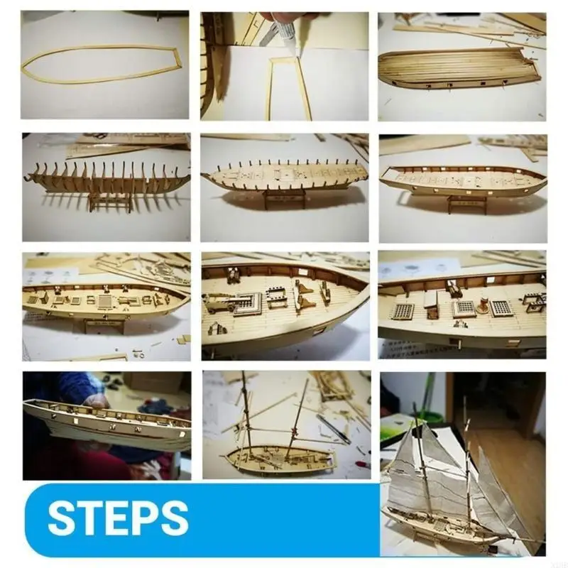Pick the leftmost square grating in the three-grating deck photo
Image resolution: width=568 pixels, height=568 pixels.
(x=403, y=311)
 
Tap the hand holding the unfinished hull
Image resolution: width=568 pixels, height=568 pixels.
(x=96, y=402)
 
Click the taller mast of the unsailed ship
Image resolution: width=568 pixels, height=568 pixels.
(x=246, y=412)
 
